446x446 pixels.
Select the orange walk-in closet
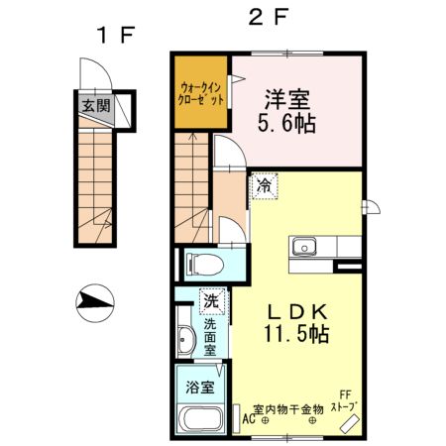(202, 93)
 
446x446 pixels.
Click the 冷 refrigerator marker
(264, 185)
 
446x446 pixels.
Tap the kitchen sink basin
(303, 246)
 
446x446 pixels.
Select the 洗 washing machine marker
(211, 298)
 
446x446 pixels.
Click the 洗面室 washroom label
(212, 338)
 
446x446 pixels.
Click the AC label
(250, 419)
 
